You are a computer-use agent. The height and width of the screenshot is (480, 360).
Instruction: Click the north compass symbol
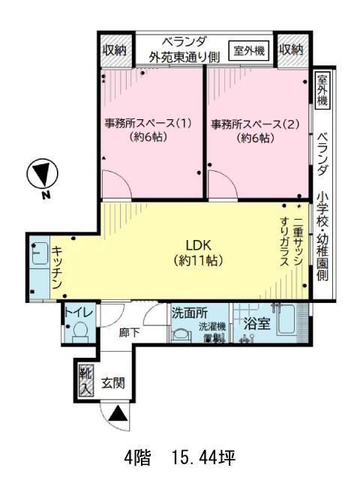(x=42, y=173)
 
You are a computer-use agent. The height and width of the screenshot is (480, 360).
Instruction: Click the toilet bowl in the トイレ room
(x=81, y=331)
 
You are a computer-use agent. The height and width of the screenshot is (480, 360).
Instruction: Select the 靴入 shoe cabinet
(x=86, y=379)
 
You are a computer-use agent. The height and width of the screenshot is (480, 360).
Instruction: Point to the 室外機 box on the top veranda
(x=249, y=50)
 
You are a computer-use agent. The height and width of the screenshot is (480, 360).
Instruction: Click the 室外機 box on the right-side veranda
(x=322, y=90)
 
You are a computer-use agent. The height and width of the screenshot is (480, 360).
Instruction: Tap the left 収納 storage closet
(x=114, y=50)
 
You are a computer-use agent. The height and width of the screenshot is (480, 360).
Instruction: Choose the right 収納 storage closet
(x=291, y=50)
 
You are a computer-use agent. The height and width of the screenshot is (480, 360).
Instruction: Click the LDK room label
(x=199, y=253)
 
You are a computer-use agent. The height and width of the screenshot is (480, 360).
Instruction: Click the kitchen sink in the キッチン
(x=40, y=253)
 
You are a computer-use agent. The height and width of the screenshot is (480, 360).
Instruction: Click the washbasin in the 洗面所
(x=180, y=334)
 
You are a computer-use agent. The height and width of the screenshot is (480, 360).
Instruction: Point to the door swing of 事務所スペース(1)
(x=117, y=184)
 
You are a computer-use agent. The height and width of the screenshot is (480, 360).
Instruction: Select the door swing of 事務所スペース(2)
(x=223, y=184)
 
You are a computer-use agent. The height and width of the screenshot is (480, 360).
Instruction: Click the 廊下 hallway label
(x=130, y=333)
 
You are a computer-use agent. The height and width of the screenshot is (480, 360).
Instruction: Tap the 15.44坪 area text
(x=203, y=458)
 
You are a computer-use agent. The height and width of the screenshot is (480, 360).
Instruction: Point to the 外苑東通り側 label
(x=184, y=57)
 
